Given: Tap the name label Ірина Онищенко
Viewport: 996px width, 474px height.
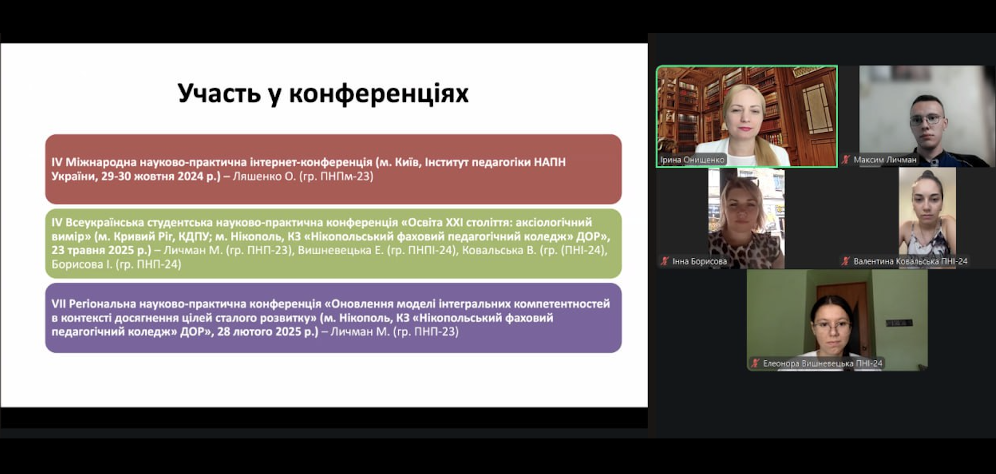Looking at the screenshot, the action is tap(692, 160).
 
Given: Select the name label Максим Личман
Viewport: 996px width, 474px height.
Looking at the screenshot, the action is tap(885, 160).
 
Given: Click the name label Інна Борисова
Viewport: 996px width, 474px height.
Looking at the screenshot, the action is tap(700, 262).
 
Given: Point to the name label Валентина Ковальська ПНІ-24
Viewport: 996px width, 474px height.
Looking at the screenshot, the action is tap(911, 262).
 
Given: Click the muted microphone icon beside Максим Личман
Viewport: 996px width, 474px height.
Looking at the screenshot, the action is tap(846, 160).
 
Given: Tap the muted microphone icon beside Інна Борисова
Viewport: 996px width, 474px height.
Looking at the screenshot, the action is tap(665, 261).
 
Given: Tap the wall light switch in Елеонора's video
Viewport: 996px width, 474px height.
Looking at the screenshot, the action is tap(899, 323).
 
